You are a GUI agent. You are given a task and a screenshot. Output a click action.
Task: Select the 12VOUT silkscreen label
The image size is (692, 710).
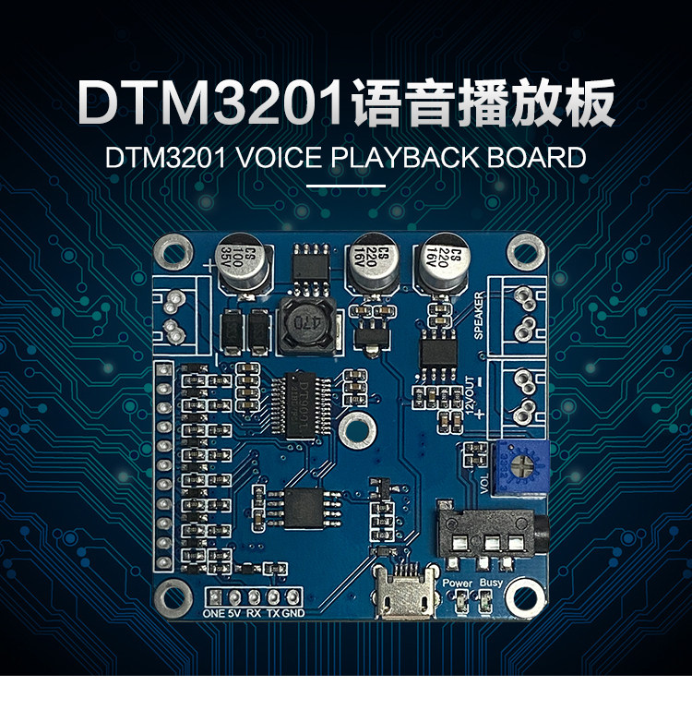[480, 392]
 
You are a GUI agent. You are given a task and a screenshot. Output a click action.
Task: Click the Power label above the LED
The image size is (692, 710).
[458, 584]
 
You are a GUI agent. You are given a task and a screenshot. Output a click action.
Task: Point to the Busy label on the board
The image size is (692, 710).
[492, 584]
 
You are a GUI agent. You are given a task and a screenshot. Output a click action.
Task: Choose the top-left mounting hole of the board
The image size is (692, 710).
[173, 248]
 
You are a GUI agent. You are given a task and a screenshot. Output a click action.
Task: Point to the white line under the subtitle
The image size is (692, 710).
[345, 186]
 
